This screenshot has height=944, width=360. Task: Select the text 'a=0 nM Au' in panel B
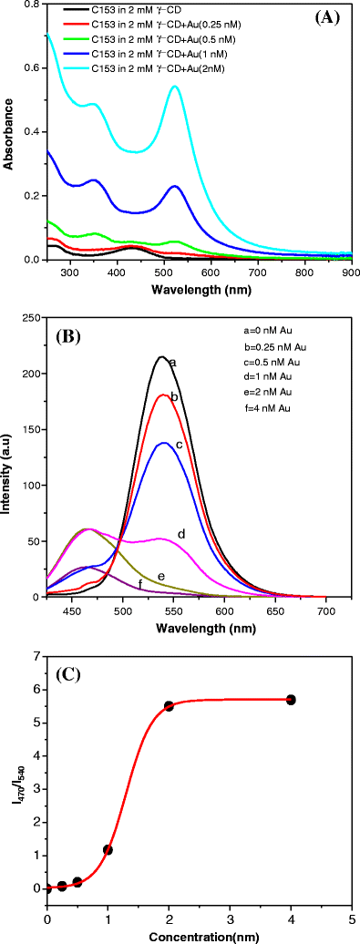coord(298,334)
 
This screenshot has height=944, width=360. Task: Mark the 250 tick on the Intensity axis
coord(33,317)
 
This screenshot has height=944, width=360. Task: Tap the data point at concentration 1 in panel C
coord(108,849)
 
